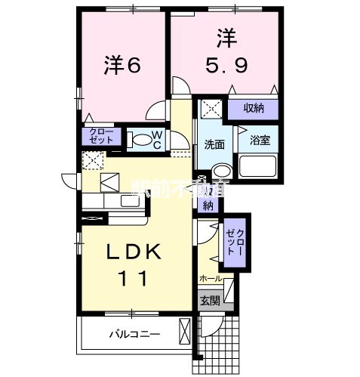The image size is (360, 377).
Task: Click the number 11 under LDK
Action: (131, 277)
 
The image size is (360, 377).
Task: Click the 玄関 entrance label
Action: (209, 299)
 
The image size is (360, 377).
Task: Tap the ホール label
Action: (211, 280)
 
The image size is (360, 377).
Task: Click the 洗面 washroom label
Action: (214, 144)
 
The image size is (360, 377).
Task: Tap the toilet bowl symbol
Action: (138, 139)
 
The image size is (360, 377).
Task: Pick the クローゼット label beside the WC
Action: (100, 137)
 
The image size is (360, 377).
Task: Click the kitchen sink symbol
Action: (109, 182)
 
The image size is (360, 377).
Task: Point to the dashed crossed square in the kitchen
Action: (92, 161)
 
